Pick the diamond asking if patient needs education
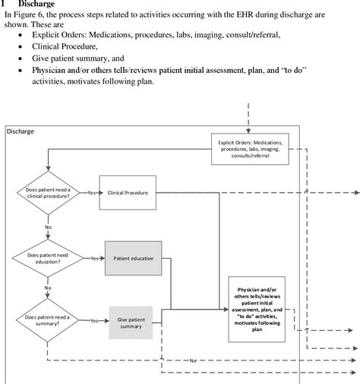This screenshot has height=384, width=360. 47,258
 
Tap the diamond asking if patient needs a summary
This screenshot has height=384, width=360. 47,320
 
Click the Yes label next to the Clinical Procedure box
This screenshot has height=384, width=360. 93,193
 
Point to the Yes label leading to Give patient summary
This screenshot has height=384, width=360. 94,321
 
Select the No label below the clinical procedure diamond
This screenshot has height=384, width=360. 48,226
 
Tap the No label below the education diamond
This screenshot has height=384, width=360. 48,288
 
